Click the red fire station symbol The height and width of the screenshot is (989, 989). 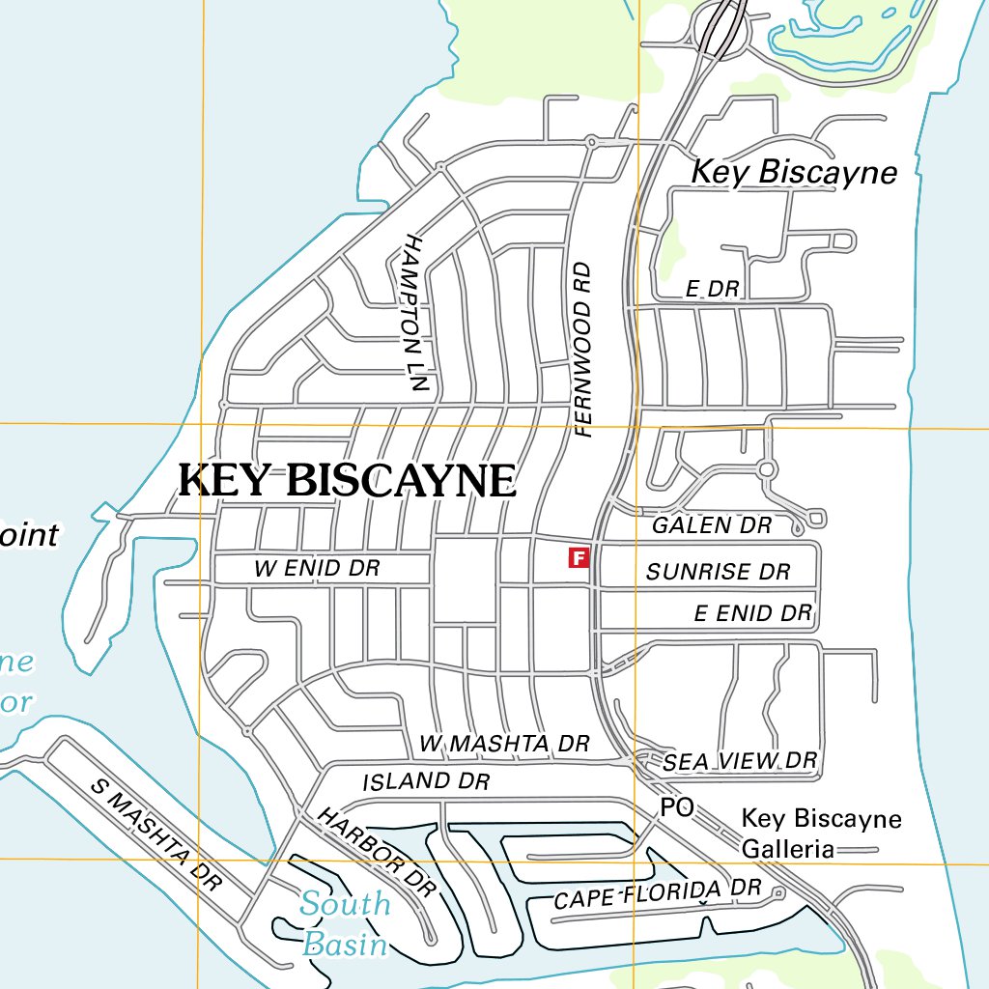point(579,557)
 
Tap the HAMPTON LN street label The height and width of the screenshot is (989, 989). point(415,312)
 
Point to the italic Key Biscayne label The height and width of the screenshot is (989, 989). point(794,172)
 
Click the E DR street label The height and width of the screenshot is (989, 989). point(712,289)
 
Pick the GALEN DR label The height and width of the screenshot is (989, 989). point(712,525)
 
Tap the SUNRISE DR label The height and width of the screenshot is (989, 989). point(718,572)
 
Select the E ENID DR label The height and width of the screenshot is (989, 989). point(753,612)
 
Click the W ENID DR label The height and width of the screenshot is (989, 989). point(317,569)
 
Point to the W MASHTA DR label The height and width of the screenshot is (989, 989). point(504,744)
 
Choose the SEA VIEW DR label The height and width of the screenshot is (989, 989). point(740,761)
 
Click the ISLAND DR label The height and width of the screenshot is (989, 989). point(426,780)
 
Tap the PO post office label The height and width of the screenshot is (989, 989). point(677,807)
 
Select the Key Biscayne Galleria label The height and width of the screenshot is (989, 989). point(821,834)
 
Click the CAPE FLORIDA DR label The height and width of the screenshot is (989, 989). point(658,894)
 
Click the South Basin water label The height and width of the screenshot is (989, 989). point(345,922)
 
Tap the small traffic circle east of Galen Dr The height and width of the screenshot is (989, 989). point(767,469)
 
